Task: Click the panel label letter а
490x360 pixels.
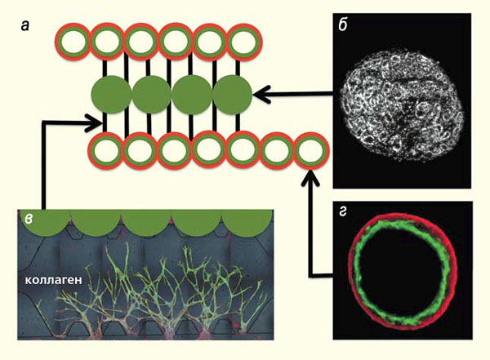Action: point(27,26)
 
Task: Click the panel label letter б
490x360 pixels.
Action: point(345,26)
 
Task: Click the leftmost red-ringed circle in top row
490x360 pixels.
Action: point(72,41)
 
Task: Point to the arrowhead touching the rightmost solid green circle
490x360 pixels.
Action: point(260,96)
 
